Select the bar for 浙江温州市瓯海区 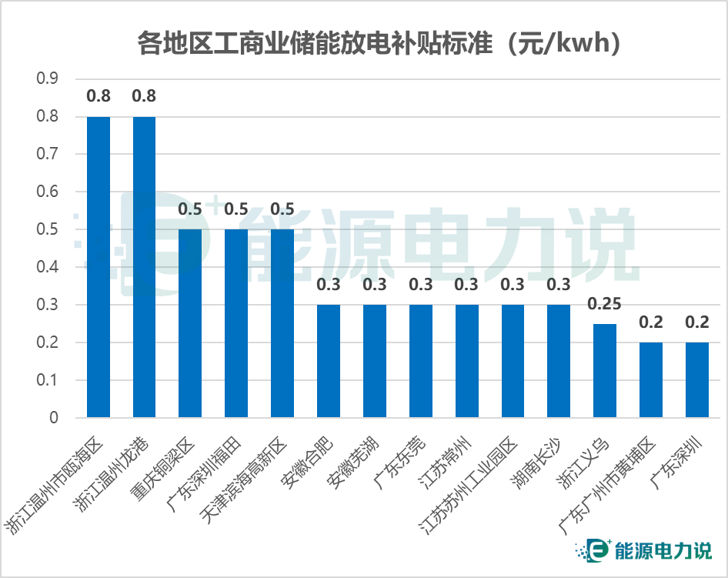click(x=99, y=266)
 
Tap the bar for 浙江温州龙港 click(x=144, y=266)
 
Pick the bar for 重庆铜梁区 click(x=190, y=323)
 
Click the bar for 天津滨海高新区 click(x=282, y=323)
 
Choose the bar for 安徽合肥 click(x=329, y=361)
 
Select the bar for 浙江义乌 click(x=605, y=370)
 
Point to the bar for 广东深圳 click(x=697, y=380)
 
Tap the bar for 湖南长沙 click(x=559, y=361)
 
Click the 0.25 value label click(x=605, y=303)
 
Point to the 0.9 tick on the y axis click(x=48, y=79)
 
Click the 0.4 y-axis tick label click(x=48, y=267)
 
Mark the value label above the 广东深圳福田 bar click(x=236, y=209)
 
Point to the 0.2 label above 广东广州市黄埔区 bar click(x=651, y=322)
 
